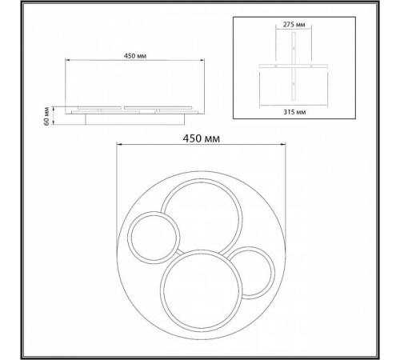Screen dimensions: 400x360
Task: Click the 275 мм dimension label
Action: click(x=294, y=25)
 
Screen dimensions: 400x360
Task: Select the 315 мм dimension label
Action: click(x=294, y=112)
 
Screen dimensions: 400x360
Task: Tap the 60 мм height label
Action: click(x=46, y=116)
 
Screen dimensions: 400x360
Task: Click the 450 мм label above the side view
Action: click(x=135, y=56)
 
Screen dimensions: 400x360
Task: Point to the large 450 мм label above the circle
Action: click(x=202, y=138)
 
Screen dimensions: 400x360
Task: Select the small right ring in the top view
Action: click(x=273, y=273)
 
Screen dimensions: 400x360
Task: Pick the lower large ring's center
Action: click(x=201, y=291)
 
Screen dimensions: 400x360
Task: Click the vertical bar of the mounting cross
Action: click(x=294, y=66)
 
